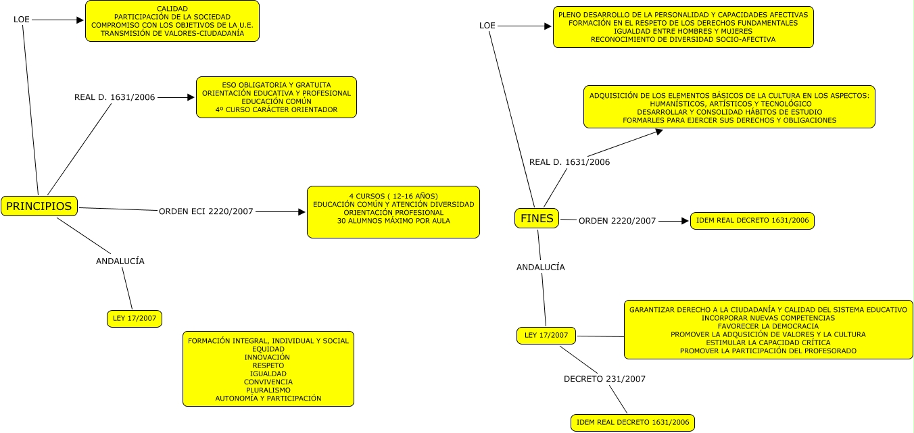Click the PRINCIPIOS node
pos(39,206)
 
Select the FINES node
pos(537,218)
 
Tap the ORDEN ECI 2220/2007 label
pos(206,211)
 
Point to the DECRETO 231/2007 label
pos(604,379)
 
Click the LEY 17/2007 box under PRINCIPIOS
pos(135,318)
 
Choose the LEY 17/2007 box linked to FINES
pos(546,334)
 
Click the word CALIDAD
pos(172,8)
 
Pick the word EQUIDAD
pos(268,349)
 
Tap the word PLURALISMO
pos(268,390)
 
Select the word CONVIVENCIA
pos(268,382)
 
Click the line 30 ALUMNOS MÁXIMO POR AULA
pos(393,221)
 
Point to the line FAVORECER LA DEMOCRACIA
pos(768,326)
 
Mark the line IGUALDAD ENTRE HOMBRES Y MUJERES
pos(683,31)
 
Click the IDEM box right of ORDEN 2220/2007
pos(752,221)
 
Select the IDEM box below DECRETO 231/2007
pos(632,423)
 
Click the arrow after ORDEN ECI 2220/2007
pos(281,212)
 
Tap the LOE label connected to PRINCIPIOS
pos(22,20)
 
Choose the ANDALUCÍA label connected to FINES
pos(541,268)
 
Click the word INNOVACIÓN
pos(268,357)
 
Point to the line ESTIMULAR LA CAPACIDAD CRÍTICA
pos(768,342)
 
